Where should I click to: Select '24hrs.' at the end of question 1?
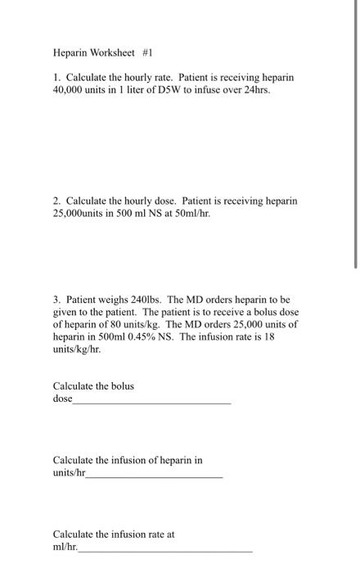254,89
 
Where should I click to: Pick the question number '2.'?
57,201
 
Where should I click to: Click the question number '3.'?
57,300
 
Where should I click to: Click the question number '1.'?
56,77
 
